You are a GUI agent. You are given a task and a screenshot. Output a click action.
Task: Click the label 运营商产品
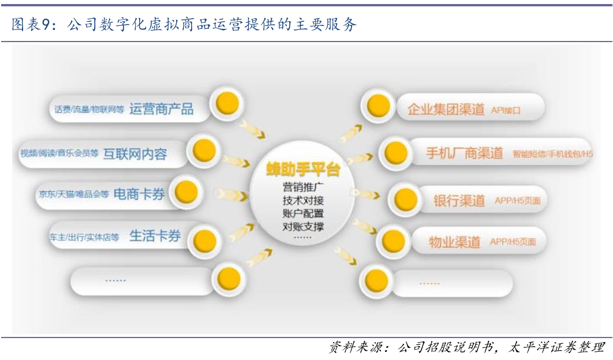point(161,108)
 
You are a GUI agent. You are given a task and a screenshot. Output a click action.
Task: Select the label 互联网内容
point(135,154)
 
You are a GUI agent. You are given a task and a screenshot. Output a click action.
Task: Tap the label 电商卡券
point(139,194)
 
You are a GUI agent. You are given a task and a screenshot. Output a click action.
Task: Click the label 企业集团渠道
point(446,109)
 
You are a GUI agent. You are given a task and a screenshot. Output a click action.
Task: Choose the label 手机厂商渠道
point(464,153)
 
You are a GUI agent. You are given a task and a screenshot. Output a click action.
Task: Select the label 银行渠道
point(459,201)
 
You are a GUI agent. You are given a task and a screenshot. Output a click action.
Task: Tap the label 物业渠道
point(454,242)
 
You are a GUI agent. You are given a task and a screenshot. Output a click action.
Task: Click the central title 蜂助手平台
point(303,171)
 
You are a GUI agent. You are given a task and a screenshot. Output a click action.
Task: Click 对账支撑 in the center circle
point(303,226)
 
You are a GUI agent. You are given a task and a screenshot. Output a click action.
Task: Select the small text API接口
point(506,110)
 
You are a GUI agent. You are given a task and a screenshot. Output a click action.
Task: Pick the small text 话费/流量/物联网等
point(89,110)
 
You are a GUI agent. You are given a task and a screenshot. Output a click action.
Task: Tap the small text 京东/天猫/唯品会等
point(74,194)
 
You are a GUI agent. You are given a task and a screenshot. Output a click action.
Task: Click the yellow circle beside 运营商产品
point(227,103)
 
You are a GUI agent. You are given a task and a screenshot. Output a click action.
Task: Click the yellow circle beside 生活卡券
point(204,241)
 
